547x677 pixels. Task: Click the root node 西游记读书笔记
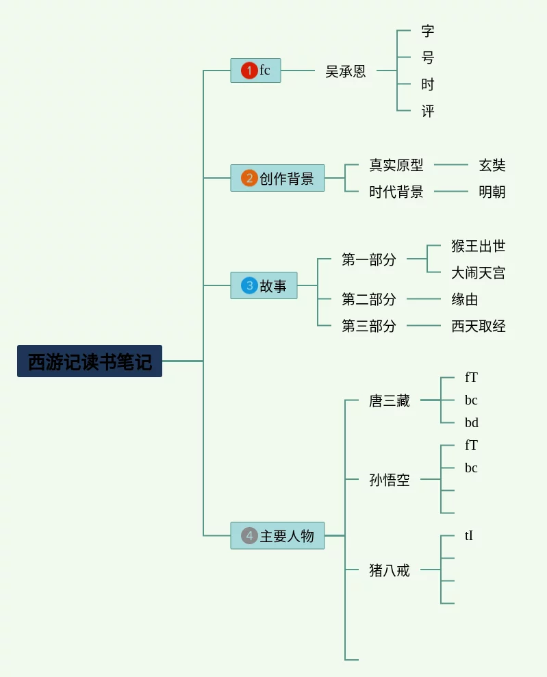click(90, 361)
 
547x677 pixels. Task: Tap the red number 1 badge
click(249, 71)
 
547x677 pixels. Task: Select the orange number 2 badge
click(249, 178)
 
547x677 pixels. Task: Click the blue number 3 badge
click(249, 285)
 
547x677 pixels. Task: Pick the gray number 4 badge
click(249, 535)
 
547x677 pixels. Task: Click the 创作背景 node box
click(277, 178)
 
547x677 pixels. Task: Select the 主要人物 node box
click(277, 535)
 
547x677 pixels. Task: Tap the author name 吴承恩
click(345, 71)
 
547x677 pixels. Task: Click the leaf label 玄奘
click(492, 165)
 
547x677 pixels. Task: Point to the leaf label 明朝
click(492, 192)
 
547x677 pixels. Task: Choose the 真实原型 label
click(396, 165)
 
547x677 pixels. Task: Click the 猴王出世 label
click(478, 246)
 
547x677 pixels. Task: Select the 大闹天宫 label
click(478, 272)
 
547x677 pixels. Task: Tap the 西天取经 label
click(478, 326)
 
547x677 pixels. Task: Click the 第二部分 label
click(369, 299)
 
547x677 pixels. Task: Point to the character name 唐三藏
click(390, 400)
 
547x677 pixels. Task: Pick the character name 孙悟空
click(390, 480)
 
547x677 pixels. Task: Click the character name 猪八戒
click(390, 570)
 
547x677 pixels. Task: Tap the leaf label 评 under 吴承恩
click(428, 111)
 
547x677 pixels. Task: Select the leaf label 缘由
click(465, 299)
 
